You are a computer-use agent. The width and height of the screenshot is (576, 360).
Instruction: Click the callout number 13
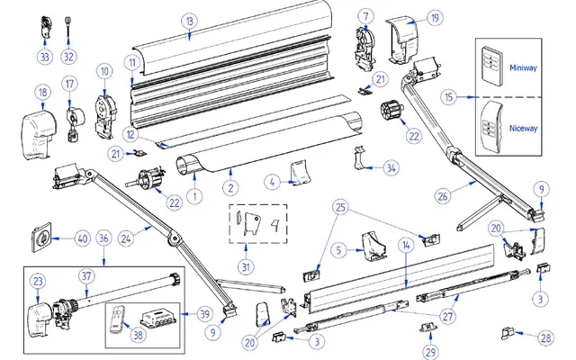pyautogui.click(x=188, y=21)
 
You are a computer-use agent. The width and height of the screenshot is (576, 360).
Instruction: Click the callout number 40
pyautogui.click(x=81, y=238)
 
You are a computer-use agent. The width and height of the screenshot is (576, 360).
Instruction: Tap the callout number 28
pyautogui.click(x=546, y=337)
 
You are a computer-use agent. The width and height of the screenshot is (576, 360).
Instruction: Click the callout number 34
pyautogui.click(x=390, y=166)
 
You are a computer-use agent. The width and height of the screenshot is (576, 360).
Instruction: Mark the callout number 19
pyautogui.click(x=435, y=18)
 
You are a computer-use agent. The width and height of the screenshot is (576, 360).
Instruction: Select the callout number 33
pyautogui.click(x=44, y=57)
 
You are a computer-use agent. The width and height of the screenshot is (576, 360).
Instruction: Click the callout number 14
pyautogui.click(x=405, y=244)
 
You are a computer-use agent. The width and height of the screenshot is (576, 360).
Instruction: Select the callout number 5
pyautogui.click(x=337, y=248)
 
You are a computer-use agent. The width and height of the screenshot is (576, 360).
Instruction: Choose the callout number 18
pyautogui.click(x=41, y=92)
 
